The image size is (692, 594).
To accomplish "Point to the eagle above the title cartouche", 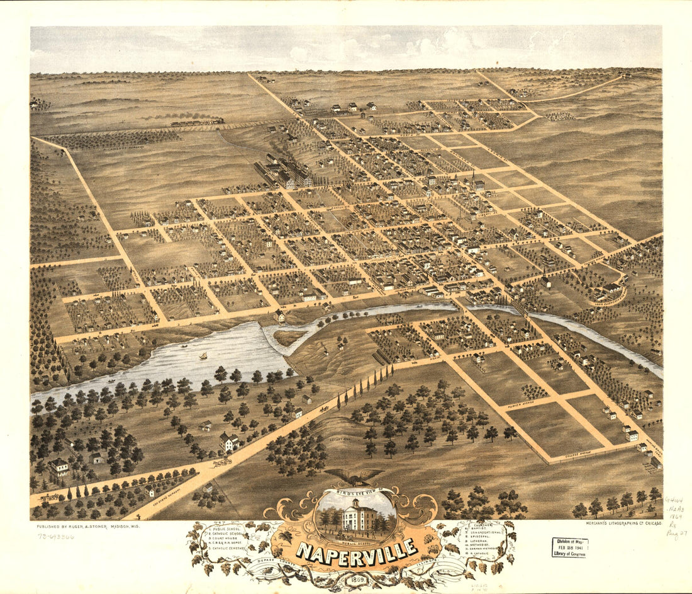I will (x=354, y=477).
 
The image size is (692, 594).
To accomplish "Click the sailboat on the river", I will (x=203, y=357).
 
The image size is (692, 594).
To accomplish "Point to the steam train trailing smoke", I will (x=195, y=122).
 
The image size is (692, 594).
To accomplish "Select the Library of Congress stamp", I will (x=570, y=547).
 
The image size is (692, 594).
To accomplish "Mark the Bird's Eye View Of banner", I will (x=356, y=489).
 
